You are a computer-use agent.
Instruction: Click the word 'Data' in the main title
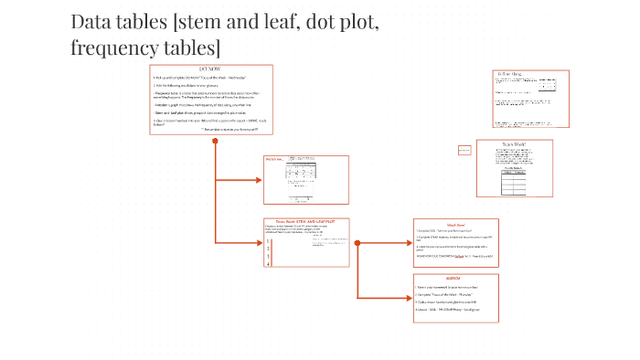91,22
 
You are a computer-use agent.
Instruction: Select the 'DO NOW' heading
211,69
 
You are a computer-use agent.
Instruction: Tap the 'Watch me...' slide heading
274,160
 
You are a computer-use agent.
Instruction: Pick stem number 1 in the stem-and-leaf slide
268,242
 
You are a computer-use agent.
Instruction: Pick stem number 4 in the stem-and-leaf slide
268,264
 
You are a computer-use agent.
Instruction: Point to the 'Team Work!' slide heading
516,144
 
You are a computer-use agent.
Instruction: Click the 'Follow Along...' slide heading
509,73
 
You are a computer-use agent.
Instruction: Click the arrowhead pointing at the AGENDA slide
410,299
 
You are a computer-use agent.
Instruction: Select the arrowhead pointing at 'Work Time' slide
410,243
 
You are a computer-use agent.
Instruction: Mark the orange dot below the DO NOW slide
214,141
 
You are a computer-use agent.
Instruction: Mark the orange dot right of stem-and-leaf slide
357,243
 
